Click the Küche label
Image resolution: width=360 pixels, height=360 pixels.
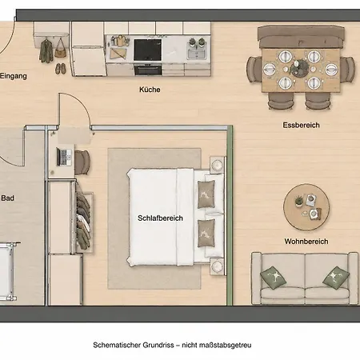pos(150,90)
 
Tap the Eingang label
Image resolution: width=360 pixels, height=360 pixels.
pos(14,76)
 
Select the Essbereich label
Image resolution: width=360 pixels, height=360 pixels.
pos(301,125)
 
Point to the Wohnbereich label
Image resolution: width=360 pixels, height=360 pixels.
pos(306,242)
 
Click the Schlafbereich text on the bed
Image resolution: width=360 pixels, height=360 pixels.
pos(160,218)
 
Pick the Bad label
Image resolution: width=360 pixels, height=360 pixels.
pos(8,198)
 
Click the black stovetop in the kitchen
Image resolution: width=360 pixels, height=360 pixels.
pos(147,50)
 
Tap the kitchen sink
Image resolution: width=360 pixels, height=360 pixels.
pos(197,54)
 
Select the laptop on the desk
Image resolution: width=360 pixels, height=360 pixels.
pos(64,157)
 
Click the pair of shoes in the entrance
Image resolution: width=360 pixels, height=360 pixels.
pos(61,69)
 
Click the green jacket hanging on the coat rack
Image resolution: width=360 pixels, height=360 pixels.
pos(46,51)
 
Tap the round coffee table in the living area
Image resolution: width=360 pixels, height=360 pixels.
pos(306,207)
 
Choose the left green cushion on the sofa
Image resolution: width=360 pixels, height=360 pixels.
pos(273,278)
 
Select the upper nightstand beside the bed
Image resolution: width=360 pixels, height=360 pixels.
pos(217,165)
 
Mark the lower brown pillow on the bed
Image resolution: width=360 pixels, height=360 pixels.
pos(206,233)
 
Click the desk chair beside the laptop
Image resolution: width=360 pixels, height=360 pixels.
pos(82,162)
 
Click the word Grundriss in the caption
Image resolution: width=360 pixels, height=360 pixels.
pos(158,345)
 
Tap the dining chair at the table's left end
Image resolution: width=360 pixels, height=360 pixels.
pos(254,70)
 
